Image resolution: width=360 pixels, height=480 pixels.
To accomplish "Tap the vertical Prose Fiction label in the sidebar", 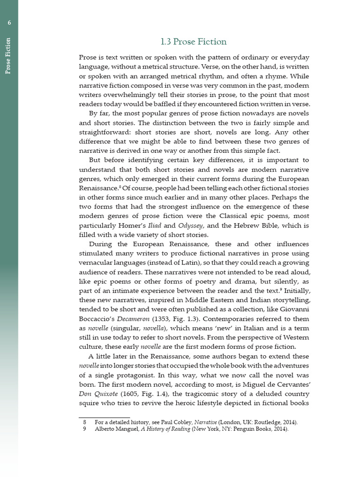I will point(8,56).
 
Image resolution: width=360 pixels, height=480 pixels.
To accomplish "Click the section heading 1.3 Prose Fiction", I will point(194,42).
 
